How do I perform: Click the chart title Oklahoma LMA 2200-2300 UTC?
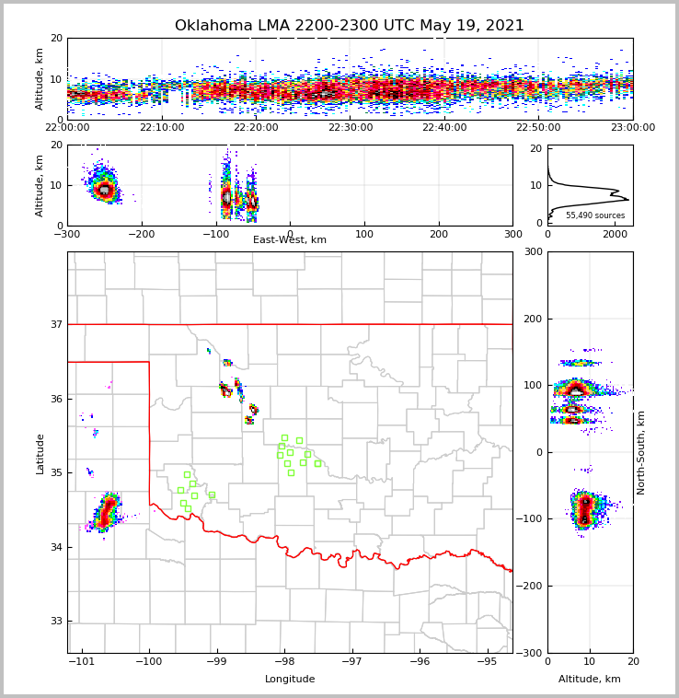click(349, 26)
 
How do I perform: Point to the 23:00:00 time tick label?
click(632, 128)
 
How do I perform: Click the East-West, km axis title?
click(290, 240)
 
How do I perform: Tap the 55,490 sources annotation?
click(595, 215)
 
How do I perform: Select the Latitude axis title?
click(40, 453)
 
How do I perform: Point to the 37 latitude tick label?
click(55, 324)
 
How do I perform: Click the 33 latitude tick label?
click(55, 622)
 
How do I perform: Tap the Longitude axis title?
click(290, 680)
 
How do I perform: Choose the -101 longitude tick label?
click(82, 662)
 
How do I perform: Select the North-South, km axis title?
click(641, 453)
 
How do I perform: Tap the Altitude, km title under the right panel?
click(590, 680)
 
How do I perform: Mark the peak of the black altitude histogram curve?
click(627, 199)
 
